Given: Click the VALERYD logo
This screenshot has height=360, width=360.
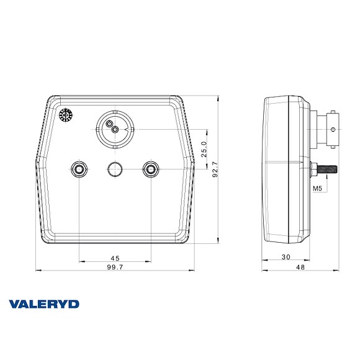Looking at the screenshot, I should click(43, 304).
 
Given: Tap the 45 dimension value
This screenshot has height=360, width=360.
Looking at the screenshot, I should click(115, 258).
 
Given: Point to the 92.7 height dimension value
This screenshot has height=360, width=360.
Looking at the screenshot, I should click(215, 169).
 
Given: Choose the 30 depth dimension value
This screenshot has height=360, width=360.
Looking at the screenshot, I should click(286, 258).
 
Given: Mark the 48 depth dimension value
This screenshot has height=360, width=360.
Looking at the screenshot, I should click(300, 267).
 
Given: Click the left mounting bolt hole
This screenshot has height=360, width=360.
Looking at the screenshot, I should click(79, 168).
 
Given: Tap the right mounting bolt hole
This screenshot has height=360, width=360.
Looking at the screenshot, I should click(150, 168).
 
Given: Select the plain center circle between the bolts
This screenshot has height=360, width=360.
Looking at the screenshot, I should click(115, 168).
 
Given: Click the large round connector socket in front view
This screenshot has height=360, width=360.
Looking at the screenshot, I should click(114, 129).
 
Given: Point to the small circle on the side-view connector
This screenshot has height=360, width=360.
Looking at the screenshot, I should click(334, 130).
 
